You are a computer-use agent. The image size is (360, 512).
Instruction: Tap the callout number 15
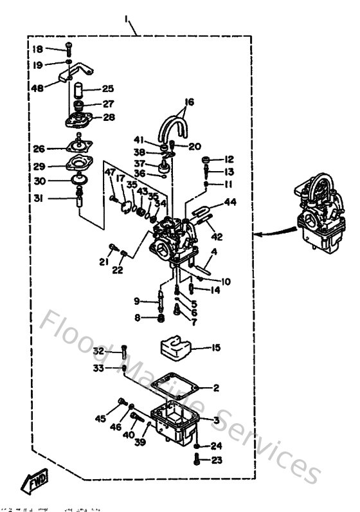(215, 348)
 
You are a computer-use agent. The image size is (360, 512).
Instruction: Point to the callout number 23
(216, 460)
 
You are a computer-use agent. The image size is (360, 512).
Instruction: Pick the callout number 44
(230, 202)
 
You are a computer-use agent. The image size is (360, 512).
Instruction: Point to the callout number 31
(39, 199)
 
